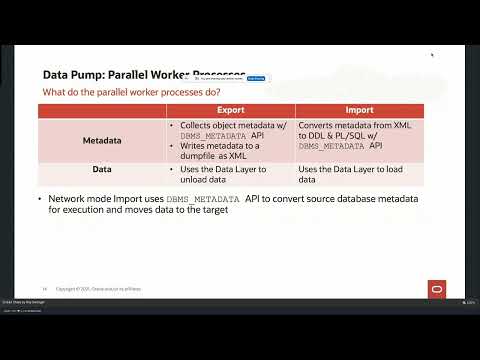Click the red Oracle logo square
[437, 289]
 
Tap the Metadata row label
[103, 141]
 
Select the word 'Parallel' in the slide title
[134, 74]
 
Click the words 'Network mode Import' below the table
[88, 199]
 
